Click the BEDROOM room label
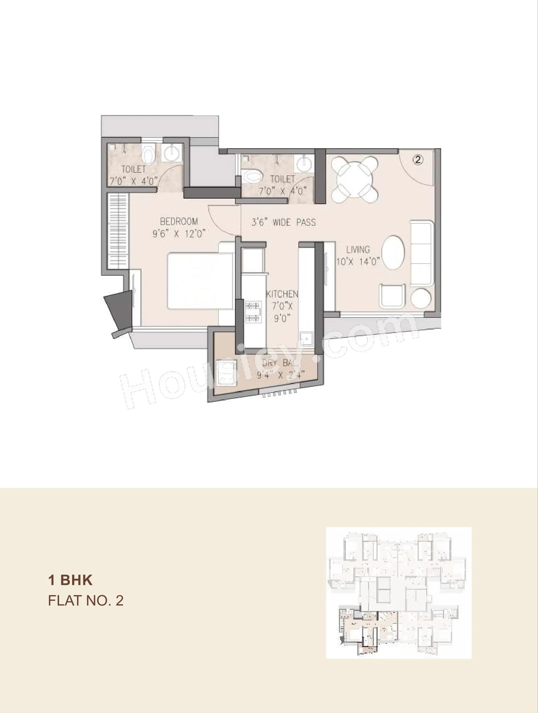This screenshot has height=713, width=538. coord(179,221)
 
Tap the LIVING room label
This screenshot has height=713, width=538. coord(358,250)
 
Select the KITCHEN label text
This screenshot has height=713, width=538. coord(282,294)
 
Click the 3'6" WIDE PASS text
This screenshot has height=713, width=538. coord(283,223)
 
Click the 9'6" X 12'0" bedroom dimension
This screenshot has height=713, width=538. coord(180,234)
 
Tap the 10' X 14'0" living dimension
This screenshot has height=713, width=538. coord(358,262)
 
